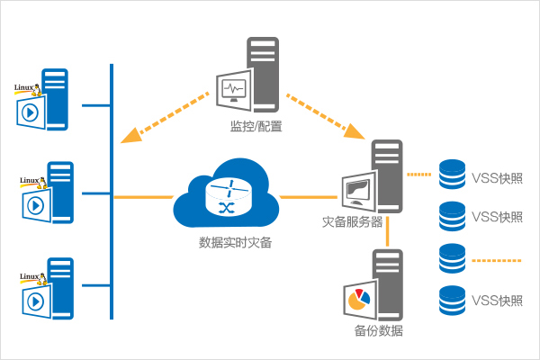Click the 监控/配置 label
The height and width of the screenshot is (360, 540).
[256, 127]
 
